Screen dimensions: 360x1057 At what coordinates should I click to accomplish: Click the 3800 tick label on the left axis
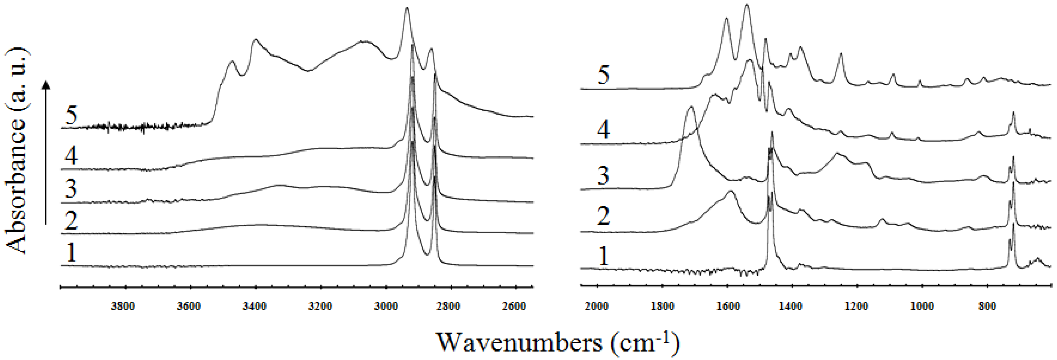pyautogui.click(x=123, y=306)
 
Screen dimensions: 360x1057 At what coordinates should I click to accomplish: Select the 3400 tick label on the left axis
pyautogui.click(x=255, y=306)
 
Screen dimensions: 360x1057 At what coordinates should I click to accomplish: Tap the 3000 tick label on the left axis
pyautogui.click(x=386, y=306)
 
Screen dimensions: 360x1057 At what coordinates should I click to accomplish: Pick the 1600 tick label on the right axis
pyautogui.click(x=728, y=306)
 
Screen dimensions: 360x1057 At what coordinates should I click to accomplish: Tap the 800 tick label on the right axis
pyautogui.click(x=987, y=306)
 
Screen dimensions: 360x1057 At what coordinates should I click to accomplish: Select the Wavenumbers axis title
pyautogui.click(x=557, y=342)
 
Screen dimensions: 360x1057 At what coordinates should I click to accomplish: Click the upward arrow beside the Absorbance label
pyautogui.click(x=46, y=152)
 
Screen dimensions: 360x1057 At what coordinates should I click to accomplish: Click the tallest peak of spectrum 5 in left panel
pyautogui.click(x=407, y=8)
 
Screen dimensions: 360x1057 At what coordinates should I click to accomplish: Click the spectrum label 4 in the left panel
pyautogui.click(x=71, y=156)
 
